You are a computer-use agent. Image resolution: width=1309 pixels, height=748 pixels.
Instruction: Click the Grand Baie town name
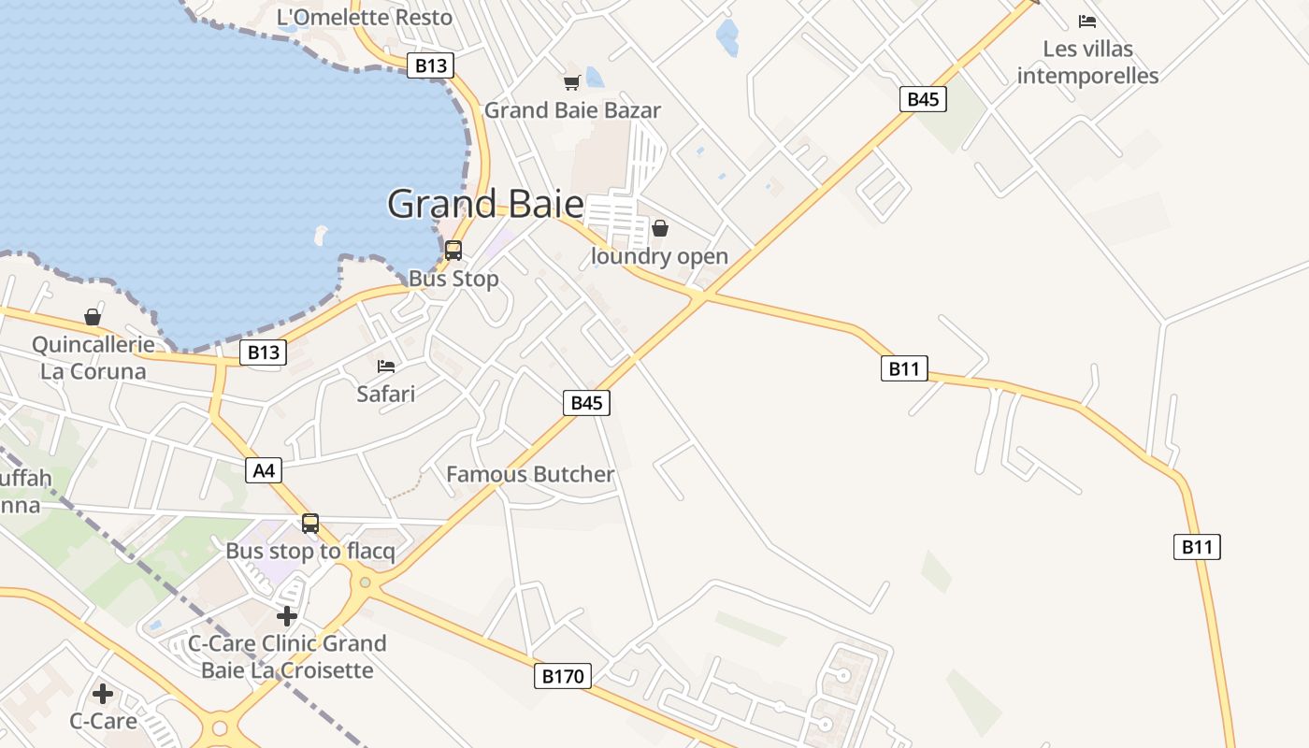point(485,204)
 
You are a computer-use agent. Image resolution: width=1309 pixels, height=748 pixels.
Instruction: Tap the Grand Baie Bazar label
point(572,110)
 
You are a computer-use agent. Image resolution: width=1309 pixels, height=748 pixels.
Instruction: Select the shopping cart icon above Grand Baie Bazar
point(571,82)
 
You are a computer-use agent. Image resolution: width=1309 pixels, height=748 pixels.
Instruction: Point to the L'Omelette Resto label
point(365,17)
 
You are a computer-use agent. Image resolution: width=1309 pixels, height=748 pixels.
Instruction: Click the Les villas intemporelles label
point(1087,62)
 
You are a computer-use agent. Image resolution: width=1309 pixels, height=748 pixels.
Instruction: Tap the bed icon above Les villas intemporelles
point(1086,21)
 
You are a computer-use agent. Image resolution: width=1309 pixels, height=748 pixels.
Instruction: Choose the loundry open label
point(659,256)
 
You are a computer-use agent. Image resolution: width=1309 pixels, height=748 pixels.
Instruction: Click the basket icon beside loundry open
point(660,228)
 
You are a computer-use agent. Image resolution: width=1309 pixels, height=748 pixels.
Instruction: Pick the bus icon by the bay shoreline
point(453,251)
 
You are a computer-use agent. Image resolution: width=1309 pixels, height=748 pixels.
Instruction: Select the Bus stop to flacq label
point(310,552)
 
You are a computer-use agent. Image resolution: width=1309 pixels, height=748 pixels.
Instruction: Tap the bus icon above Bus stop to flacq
point(310,524)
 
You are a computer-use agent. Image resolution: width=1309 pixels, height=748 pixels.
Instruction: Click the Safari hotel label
point(385,394)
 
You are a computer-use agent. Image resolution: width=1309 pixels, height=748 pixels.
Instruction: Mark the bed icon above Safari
point(386,366)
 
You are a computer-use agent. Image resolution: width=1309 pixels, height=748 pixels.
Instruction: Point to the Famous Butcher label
point(530,474)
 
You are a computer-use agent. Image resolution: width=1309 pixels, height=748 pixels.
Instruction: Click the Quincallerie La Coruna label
point(93,358)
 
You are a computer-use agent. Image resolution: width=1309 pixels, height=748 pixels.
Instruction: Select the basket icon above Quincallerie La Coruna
point(93,317)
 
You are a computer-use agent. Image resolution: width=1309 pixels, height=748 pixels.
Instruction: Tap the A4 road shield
point(265,470)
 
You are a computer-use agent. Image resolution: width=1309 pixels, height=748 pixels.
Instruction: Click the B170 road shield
point(564,676)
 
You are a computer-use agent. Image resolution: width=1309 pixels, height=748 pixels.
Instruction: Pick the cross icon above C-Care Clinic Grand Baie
point(287,616)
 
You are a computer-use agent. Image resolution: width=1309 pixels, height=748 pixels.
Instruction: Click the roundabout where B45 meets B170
point(365,583)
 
